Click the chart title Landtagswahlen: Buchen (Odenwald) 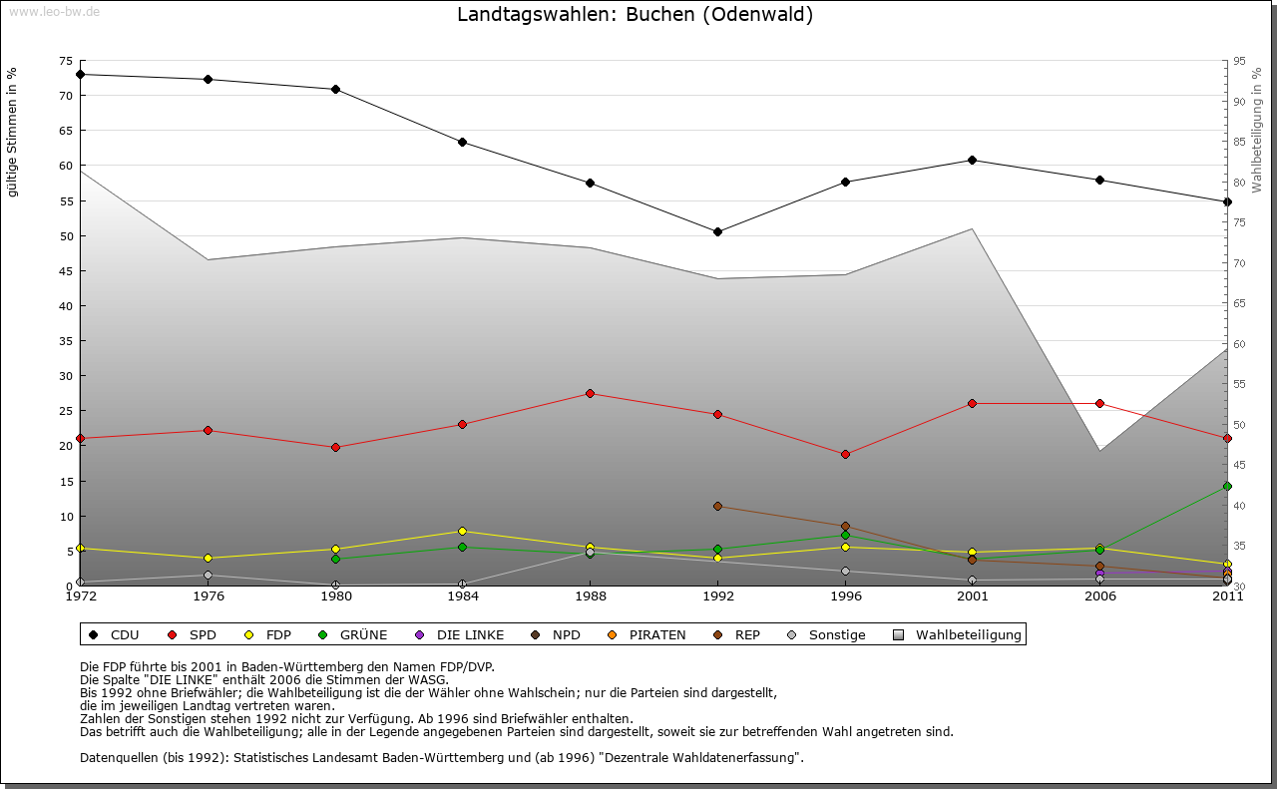coord(635,15)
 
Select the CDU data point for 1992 coord(717,231)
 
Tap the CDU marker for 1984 coord(463,142)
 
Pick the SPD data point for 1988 coord(591,393)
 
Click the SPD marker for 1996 coord(845,454)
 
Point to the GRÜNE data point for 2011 coord(1227,486)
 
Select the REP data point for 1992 coord(717,506)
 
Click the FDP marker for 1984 coord(463,531)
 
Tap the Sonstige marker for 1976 coord(208,575)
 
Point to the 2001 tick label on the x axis coord(973,596)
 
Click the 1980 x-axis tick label coord(335,596)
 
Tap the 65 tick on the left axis coord(66,131)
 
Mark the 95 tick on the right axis coord(1239,61)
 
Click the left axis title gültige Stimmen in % coord(12,132)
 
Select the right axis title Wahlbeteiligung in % coord(1257,130)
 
